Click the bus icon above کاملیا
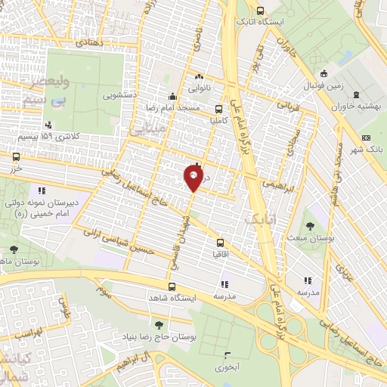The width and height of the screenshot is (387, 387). point(219,108)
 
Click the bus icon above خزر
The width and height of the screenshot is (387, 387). point(17,156)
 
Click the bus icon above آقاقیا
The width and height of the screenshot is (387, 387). point(220,243)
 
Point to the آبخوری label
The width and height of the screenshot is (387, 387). point(226,366)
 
